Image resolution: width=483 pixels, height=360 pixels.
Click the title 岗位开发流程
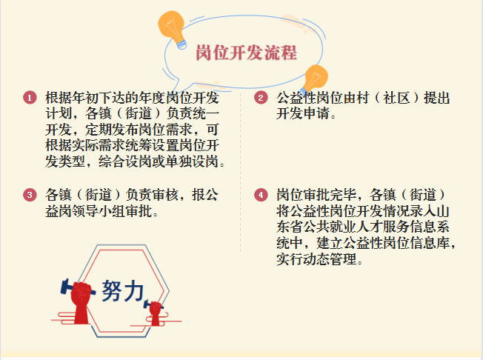246,53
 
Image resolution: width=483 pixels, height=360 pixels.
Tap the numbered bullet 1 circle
30,98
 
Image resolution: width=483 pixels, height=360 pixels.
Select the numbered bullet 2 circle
261,98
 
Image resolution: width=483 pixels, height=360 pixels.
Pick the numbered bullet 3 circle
30,195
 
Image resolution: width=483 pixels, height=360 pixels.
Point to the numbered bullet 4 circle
261,195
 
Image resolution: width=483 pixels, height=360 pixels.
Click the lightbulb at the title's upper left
173,29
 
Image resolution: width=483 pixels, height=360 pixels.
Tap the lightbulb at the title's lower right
314,79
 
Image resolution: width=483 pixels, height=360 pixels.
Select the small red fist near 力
156,313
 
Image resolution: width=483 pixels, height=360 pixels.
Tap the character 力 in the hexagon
133,291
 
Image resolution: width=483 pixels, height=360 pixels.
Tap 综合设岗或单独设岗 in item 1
158,161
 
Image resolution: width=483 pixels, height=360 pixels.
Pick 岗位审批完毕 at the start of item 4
316,195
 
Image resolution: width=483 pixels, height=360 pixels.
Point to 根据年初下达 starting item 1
85,98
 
